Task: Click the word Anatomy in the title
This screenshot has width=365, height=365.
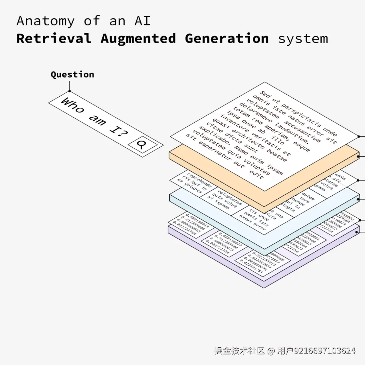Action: coord(45,21)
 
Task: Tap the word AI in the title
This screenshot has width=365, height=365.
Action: coord(142,21)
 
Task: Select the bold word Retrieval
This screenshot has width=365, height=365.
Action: coord(54,39)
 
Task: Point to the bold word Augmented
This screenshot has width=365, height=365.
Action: coord(138,39)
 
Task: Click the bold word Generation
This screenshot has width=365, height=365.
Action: coord(227,39)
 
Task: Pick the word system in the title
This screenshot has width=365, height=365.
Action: coord(303,39)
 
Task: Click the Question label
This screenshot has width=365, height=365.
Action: coord(72,75)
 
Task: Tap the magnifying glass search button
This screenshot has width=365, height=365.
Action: coord(142,144)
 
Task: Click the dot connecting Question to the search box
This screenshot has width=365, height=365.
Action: coord(70,91)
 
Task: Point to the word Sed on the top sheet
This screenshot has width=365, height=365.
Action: coord(266,94)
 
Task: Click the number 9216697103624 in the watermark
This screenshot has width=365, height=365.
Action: coord(324,351)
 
